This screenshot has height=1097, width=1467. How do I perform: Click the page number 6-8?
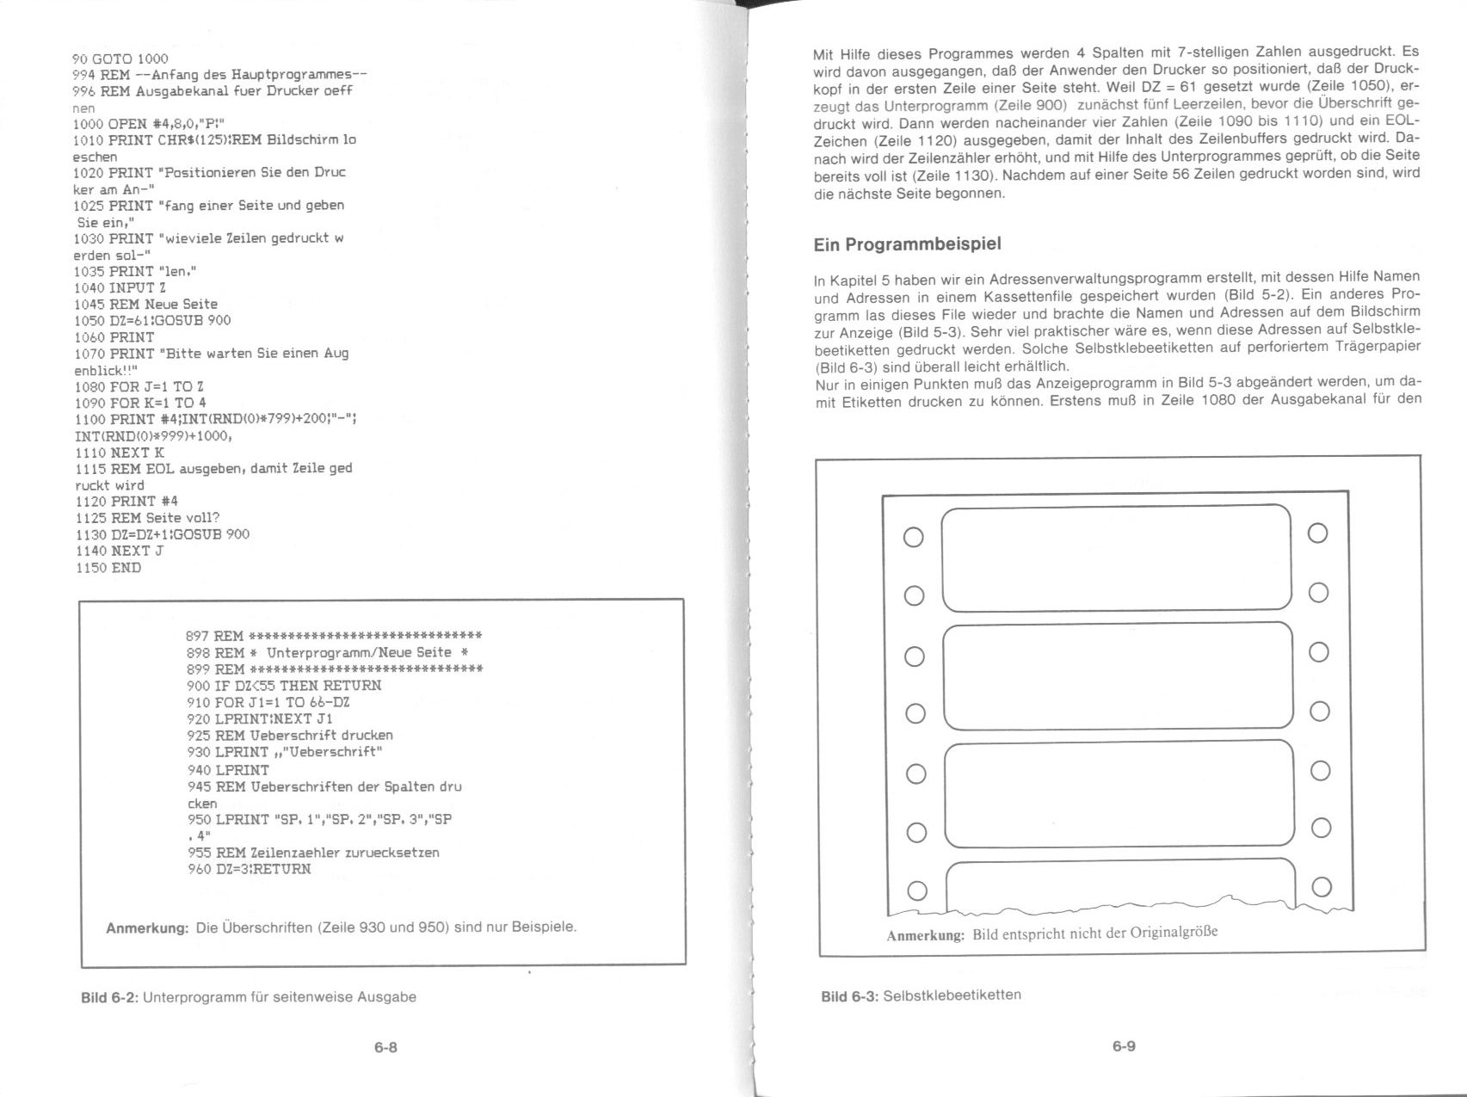pyautogui.click(x=385, y=1047)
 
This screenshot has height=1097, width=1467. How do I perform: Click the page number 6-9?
pyautogui.click(x=1124, y=1046)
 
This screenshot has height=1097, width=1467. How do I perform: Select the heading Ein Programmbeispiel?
pyautogui.click(x=907, y=244)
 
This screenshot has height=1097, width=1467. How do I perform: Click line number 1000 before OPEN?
pyautogui.click(x=89, y=123)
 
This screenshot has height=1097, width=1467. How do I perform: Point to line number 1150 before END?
pyautogui.click(x=90, y=568)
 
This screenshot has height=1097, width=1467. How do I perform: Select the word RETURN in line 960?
pyautogui.click(x=283, y=869)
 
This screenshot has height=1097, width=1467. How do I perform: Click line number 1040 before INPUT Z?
pyautogui.click(x=89, y=287)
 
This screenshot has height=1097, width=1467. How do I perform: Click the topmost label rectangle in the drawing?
pyautogui.click(x=1117, y=558)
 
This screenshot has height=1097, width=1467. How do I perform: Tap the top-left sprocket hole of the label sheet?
pyautogui.click(x=914, y=537)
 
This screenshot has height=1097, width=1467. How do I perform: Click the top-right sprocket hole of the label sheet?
pyautogui.click(x=1317, y=533)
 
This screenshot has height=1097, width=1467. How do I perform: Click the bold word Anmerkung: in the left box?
pyautogui.click(x=147, y=928)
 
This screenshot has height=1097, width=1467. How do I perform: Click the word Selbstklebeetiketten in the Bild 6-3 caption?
pyautogui.click(x=952, y=995)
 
